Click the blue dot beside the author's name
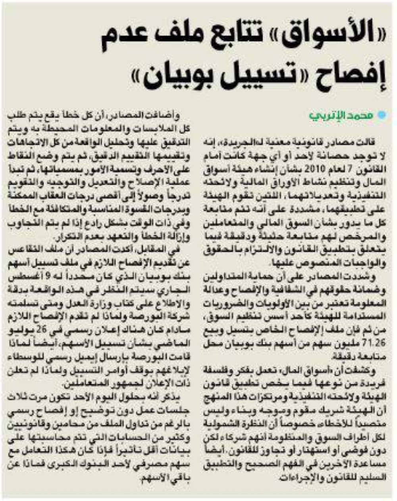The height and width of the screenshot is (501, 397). pos(382,115)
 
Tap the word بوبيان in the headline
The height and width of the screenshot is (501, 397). pos(173,76)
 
